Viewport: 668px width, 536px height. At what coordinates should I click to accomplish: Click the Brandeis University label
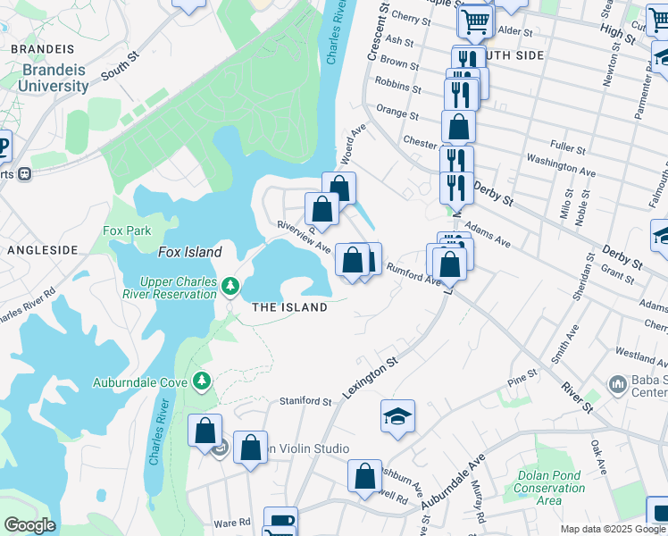[55, 78]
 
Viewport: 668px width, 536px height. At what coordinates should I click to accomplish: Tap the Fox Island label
[190, 253]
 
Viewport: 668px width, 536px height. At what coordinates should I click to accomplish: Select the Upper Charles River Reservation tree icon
[231, 286]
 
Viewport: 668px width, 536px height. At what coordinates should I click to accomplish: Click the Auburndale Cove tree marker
[202, 381]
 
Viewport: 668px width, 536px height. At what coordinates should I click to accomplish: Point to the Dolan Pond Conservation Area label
[549, 488]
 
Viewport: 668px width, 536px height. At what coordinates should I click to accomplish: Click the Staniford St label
[306, 401]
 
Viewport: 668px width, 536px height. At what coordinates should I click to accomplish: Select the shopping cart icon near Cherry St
[476, 21]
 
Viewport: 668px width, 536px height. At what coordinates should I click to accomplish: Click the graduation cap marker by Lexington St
[397, 416]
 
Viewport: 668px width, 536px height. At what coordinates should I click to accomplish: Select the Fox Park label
[127, 230]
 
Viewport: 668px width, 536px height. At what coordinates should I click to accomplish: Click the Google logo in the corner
[29, 525]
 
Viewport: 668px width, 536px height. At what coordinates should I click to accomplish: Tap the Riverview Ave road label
[305, 237]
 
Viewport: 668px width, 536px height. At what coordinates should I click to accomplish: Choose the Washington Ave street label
[561, 164]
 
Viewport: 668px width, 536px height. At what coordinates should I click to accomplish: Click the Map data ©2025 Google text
[613, 529]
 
